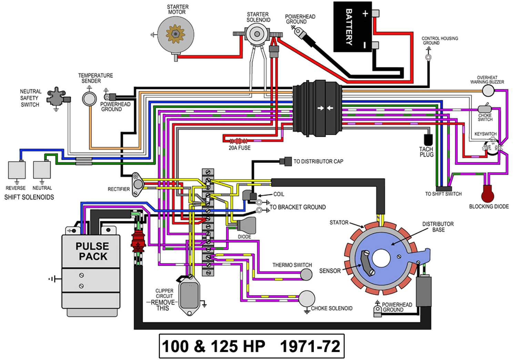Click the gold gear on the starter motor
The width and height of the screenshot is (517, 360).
point(175,34)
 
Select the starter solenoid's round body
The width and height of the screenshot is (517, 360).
point(257,34)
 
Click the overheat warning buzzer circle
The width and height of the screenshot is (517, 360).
point(488,91)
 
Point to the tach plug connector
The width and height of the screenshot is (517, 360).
point(428,140)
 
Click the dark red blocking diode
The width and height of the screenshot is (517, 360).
point(488,194)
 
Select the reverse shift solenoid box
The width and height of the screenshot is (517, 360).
point(17,170)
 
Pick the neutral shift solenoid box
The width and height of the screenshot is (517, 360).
point(42,170)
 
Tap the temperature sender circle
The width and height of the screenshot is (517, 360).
point(89,99)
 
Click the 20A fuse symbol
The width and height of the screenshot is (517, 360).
point(239,141)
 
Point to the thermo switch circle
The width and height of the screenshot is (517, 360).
point(306,275)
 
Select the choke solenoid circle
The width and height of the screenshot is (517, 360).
point(307,299)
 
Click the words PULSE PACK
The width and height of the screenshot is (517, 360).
point(92,251)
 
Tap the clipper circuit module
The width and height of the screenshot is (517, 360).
point(189,295)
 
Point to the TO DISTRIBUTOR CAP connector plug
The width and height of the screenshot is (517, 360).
point(286,161)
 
